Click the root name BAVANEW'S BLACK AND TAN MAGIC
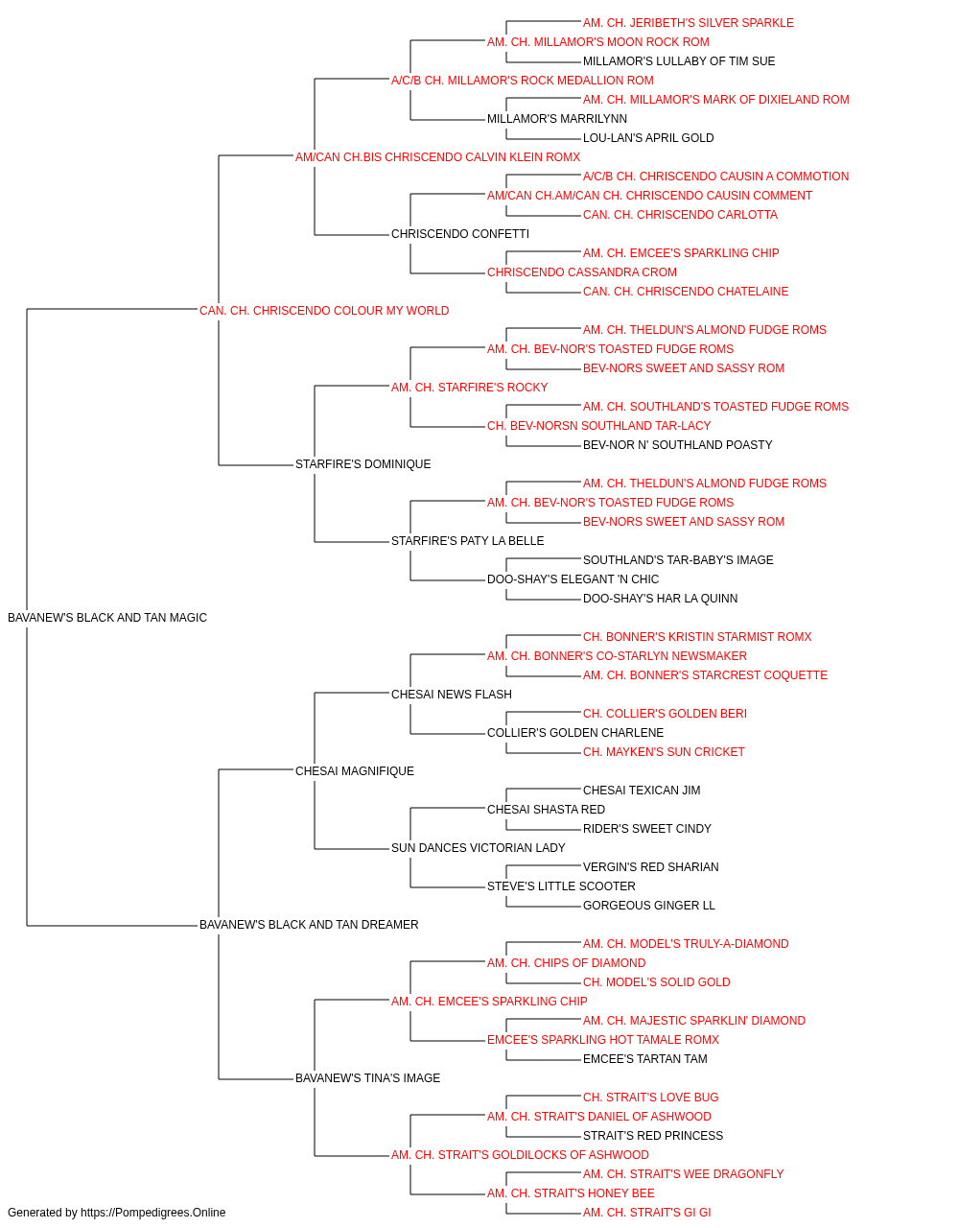pyautogui.click(x=107, y=618)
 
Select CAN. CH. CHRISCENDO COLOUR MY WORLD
pyautogui.click(x=324, y=311)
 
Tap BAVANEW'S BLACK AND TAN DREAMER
pyautogui.click(x=309, y=925)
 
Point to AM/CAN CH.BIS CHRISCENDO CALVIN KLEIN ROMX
pyautogui.click(x=437, y=157)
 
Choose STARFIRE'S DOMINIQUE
pyautogui.click(x=363, y=464)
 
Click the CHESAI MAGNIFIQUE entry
pyautogui.click(x=355, y=770)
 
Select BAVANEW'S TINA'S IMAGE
pyautogui.click(x=367, y=1077)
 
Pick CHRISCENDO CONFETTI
pyautogui.click(x=460, y=234)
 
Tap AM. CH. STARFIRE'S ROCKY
pyautogui.click(x=469, y=387)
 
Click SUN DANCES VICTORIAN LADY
pyautogui.click(x=479, y=848)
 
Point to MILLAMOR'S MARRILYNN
pyautogui.click(x=557, y=119)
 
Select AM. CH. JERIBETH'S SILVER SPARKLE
pyautogui.click(x=688, y=23)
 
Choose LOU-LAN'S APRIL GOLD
pyautogui.click(x=648, y=138)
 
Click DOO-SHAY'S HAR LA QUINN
pyautogui.click(x=660, y=599)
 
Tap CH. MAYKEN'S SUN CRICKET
pyautogui.click(x=664, y=751)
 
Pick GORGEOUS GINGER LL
pyautogui.click(x=649, y=906)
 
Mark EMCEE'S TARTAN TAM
pyautogui.click(x=645, y=1058)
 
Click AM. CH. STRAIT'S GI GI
pyautogui.click(x=646, y=1213)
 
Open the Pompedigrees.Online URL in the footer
pyautogui.click(x=153, y=1213)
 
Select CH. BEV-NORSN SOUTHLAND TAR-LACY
pyautogui.click(x=598, y=426)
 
